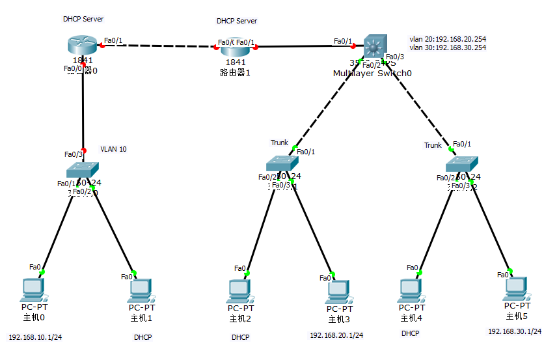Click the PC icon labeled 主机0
pos(32,288)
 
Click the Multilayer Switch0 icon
pos(374,47)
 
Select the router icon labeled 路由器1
pos(235,47)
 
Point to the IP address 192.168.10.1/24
pos(35,338)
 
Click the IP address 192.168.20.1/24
pos(336,335)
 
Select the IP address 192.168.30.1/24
pos(515,331)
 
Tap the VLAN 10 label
pos(113,149)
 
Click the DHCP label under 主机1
pos(143,338)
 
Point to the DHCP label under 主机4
pos(410,333)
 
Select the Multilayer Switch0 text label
pos(372,74)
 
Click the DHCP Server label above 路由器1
pos(236,21)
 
